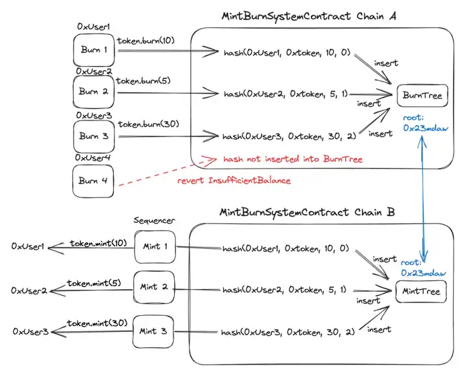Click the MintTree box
click(x=421, y=291)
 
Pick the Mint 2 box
click(x=154, y=287)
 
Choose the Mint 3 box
click(x=154, y=331)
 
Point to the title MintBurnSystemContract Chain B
click(x=308, y=213)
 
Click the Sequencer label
click(x=154, y=221)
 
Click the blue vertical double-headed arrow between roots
click(x=422, y=194)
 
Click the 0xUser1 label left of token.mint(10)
click(x=29, y=247)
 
